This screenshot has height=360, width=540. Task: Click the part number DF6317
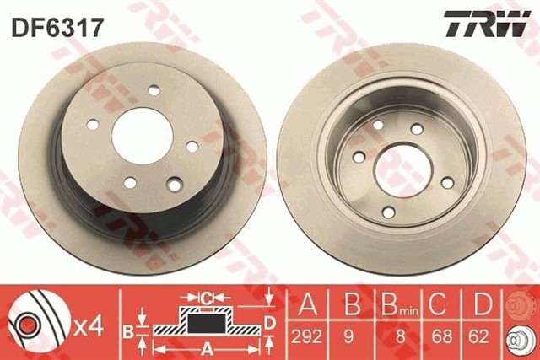pos(57,27)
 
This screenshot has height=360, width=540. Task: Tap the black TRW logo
pos(486,24)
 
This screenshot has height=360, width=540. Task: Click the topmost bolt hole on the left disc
pos(154,90)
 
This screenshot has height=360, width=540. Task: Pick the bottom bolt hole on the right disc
pos(389,212)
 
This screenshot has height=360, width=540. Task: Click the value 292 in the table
pos(306,336)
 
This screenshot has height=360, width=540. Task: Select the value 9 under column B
pos(348,336)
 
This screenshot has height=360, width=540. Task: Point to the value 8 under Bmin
pos(401,336)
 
